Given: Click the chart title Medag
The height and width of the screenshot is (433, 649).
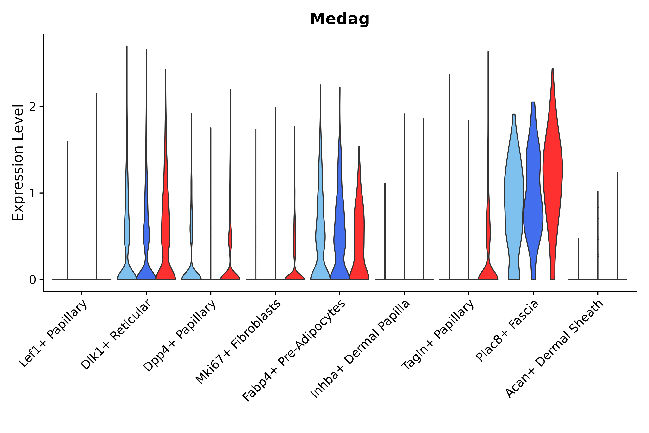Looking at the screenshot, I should click(x=339, y=19).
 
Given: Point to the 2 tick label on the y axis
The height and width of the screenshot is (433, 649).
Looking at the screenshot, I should click(x=32, y=107).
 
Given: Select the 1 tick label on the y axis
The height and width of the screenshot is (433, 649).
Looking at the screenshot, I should click(x=32, y=194).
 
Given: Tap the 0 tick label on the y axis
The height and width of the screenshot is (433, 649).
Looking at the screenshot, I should click(x=32, y=280).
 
